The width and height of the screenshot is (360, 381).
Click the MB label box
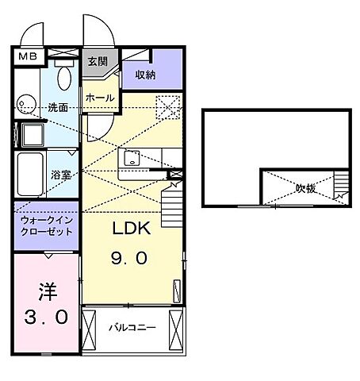coord(27,56)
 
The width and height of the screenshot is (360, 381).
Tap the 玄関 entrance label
coord(98,61)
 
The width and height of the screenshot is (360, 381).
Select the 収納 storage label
coord(144,75)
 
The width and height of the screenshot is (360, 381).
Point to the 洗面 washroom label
coord(57,106)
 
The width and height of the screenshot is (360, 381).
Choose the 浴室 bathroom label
coord(62,174)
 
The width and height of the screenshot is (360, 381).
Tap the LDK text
coord(128,229)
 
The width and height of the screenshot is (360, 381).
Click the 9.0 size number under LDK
coord(128,259)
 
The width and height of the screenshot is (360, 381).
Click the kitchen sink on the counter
coord(132,160)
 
